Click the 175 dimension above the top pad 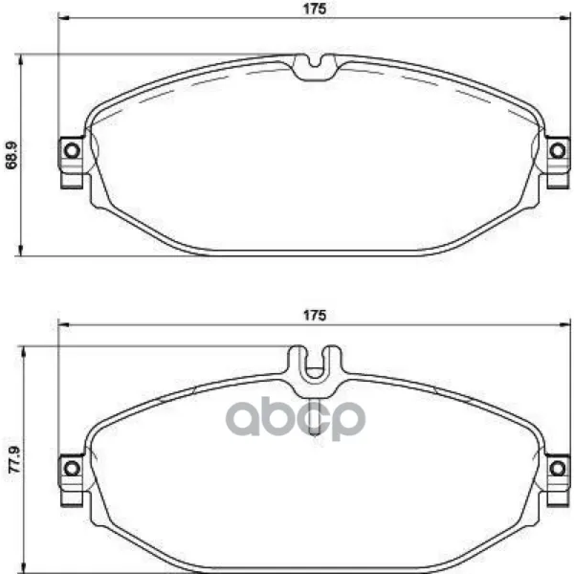315,9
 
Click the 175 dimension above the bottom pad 315,315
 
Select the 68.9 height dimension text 11,155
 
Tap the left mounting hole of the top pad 72,150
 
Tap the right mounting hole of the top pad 558,150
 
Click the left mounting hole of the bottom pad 72,469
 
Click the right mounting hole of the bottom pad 558,469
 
